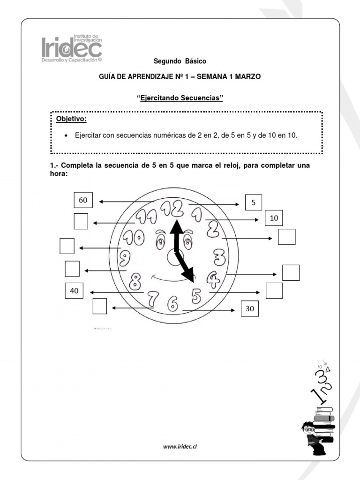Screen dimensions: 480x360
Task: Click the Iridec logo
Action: (71, 49)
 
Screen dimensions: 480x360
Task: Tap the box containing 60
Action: (83, 200)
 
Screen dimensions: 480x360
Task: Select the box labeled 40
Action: (74, 291)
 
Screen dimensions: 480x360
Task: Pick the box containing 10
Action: (274, 218)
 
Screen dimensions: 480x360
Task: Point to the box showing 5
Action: (254, 203)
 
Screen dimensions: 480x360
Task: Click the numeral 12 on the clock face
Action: (171, 208)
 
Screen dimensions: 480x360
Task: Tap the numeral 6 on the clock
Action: (173, 303)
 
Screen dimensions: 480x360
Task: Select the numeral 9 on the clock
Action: (125, 257)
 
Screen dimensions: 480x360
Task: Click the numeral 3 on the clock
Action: (219, 256)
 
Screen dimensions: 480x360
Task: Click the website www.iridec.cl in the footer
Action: (180, 447)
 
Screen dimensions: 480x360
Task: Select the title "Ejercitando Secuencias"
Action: (180, 98)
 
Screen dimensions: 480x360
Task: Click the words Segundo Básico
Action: (180, 61)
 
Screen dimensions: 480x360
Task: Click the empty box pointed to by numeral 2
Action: (286, 237)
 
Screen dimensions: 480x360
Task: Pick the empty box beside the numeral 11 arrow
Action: (81, 221)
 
